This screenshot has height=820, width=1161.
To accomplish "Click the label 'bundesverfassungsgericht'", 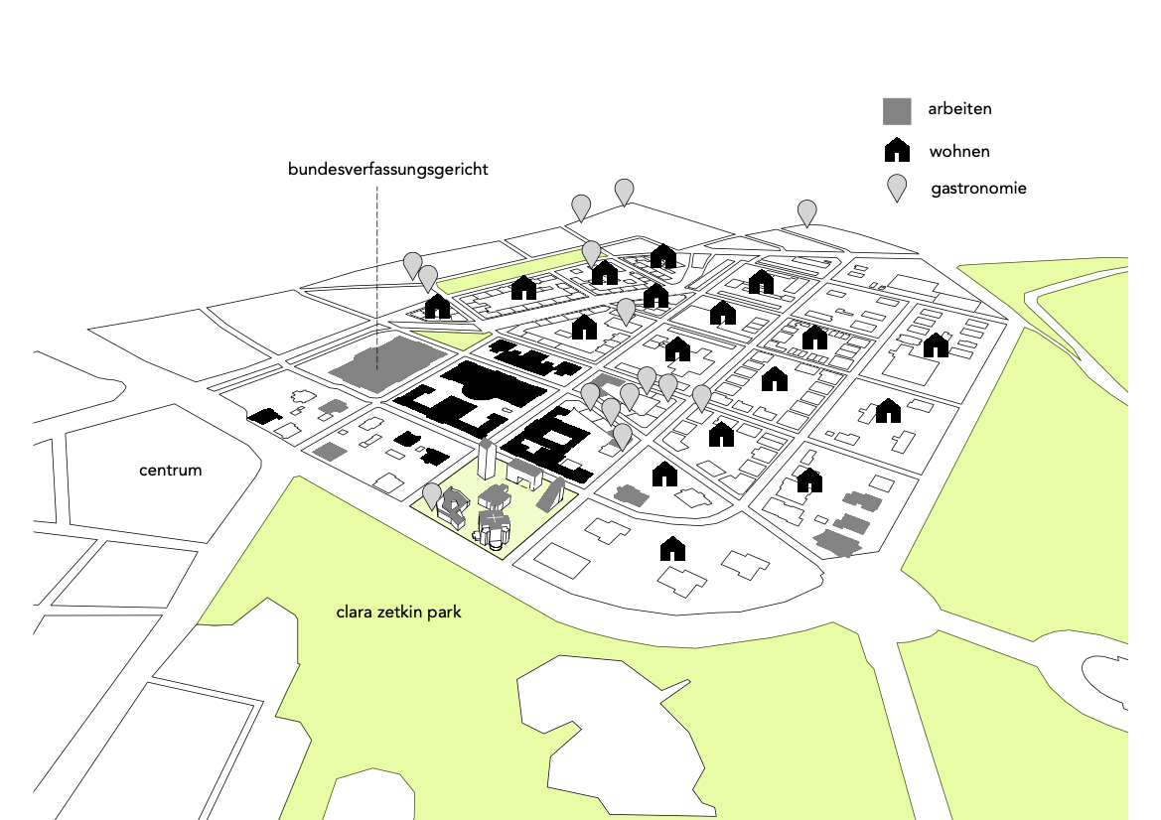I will point(387,170).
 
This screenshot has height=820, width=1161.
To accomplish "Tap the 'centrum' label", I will point(170,470).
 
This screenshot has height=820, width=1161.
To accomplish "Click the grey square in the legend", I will point(897,110).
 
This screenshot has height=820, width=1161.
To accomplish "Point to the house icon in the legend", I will point(897,151).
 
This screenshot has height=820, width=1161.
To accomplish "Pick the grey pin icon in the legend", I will point(897,188).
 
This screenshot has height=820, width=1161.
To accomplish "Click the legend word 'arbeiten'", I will point(959,109).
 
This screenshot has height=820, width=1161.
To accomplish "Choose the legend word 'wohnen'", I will point(958,152).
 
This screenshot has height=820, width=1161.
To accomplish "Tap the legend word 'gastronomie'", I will point(978,188).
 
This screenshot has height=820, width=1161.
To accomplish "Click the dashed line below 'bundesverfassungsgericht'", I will point(377,268).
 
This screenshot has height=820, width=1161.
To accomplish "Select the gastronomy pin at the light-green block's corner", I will point(432,494).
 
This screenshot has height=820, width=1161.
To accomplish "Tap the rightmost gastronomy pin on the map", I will point(807,210).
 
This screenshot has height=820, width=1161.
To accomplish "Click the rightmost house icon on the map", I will point(936,345).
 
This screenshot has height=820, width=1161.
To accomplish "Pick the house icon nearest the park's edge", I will point(673,547).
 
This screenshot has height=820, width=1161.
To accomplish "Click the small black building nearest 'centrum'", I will point(264,416).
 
